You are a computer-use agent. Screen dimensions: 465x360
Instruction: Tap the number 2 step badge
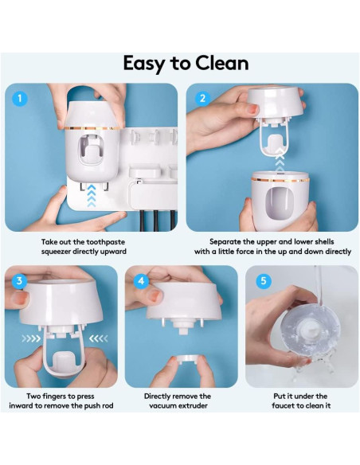(202, 100)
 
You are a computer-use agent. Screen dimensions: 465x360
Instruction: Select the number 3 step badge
(20, 281)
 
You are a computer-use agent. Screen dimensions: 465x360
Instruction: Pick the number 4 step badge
(141, 281)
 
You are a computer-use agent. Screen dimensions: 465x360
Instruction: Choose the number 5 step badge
(262, 281)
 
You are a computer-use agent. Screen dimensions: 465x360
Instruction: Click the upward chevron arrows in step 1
(90, 191)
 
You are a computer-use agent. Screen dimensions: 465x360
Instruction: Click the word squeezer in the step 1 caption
(65, 252)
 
